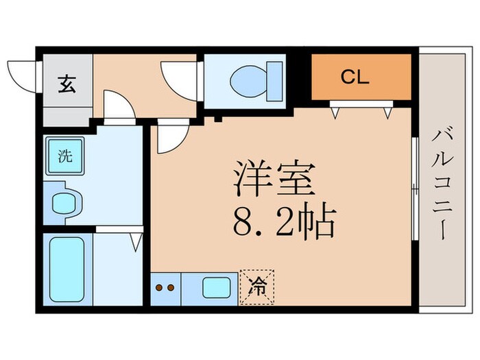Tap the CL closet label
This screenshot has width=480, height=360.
pyautogui.click(x=355, y=76)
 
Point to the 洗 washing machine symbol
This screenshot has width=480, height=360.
pyautogui.click(x=64, y=156)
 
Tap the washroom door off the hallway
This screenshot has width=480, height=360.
pyautogui.click(x=118, y=109)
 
